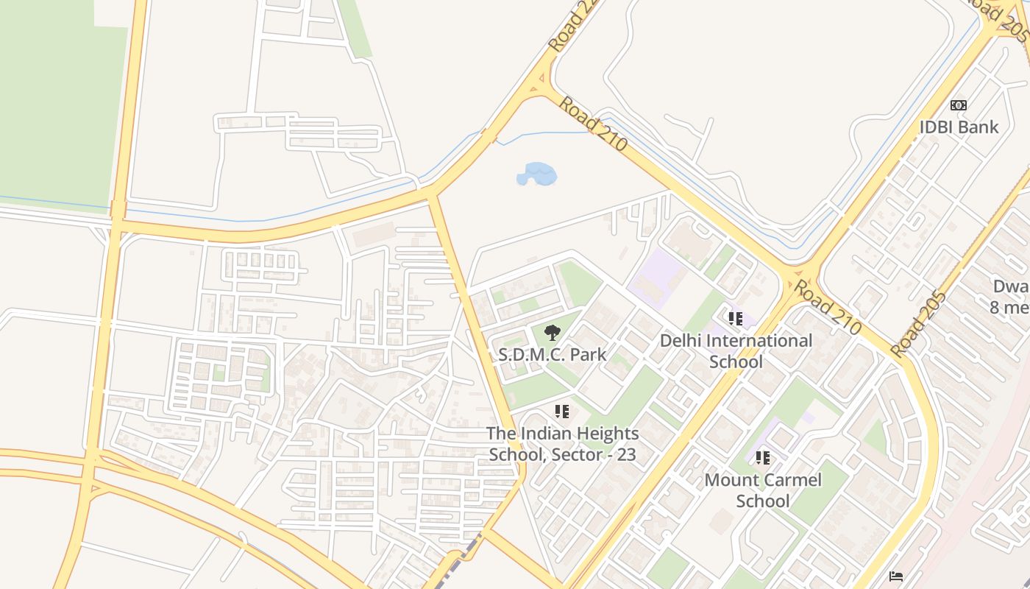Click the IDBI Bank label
click(x=959, y=127)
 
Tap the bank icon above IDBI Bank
click(x=958, y=105)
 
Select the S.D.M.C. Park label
click(x=552, y=354)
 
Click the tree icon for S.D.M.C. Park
click(x=552, y=333)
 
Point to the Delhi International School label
click(x=736, y=350)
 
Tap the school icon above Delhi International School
click(x=735, y=319)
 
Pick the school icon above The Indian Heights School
click(x=562, y=412)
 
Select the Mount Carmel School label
click(x=763, y=490)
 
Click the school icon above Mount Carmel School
click(x=763, y=458)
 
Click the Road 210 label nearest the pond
click(x=592, y=124)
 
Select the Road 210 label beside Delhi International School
click(x=826, y=306)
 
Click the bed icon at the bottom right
click(x=895, y=576)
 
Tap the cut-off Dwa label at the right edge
click(x=1009, y=296)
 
